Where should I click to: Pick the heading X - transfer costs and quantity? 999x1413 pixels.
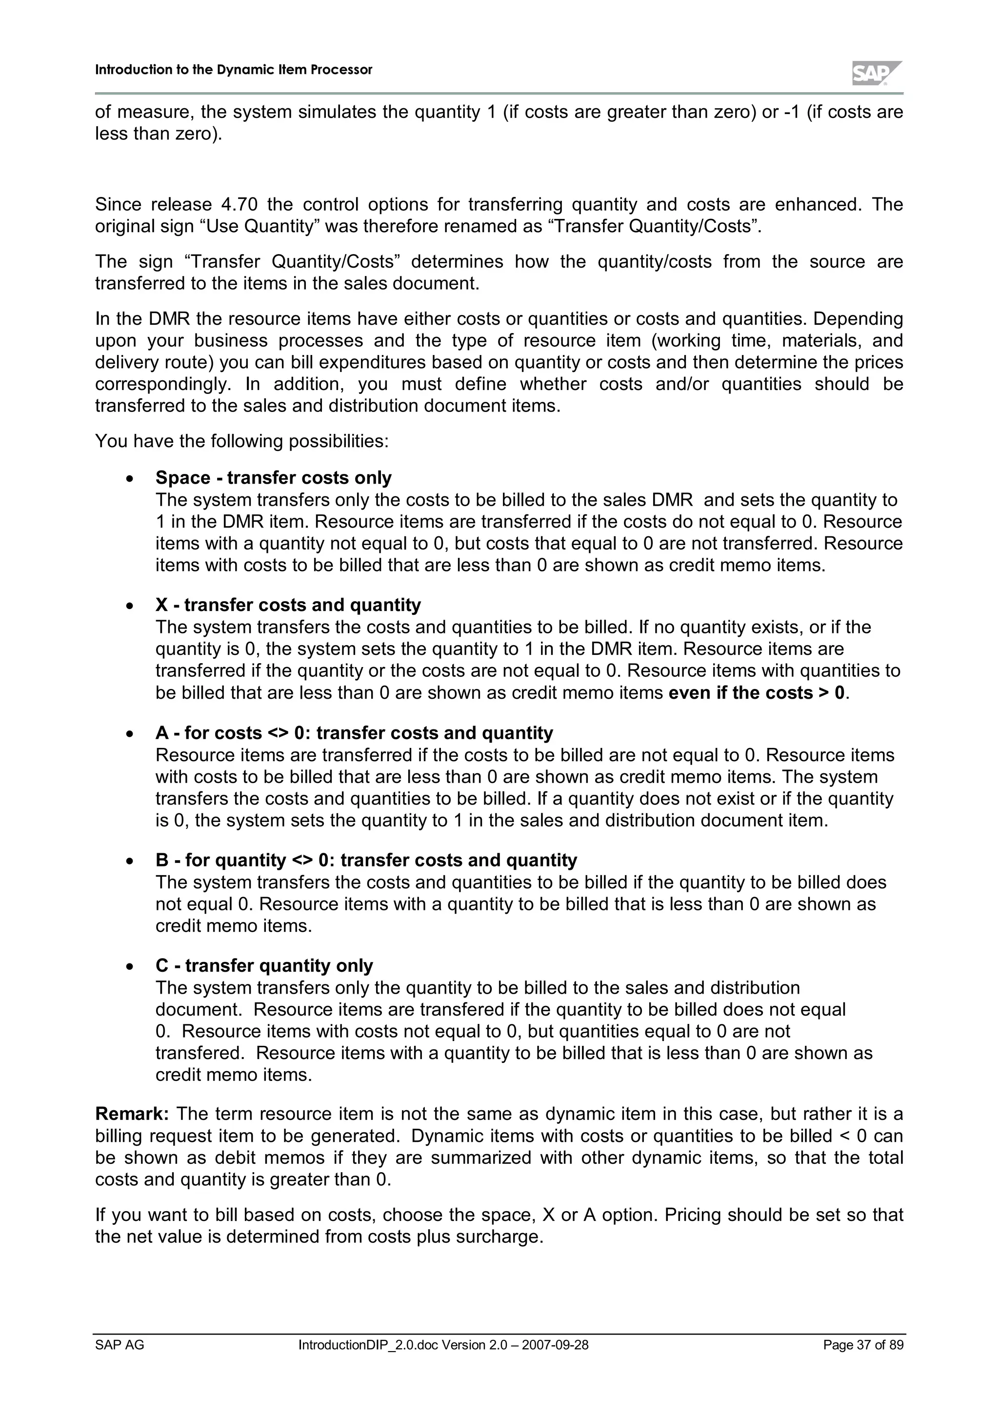pyautogui.click(x=288, y=605)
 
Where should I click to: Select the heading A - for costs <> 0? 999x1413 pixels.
pyautogui.click(x=354, y=733)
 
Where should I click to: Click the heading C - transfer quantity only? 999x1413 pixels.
pyautogui.click(x=264, y=965)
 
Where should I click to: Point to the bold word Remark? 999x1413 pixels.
pyautogui.click(x=132, y=1114)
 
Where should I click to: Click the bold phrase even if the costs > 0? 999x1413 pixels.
pyautogui.click(x=757, y=693)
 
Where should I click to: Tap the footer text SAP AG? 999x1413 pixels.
pyautogui.click(x=120, y=1345)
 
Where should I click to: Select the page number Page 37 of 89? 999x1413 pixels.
pyautogui.click(x=863, y=1345)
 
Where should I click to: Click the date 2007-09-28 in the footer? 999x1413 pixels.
pyautogui.click(x=555, y=1345)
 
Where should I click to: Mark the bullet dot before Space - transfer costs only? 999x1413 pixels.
pyautogui.click(x=129, y=479)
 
